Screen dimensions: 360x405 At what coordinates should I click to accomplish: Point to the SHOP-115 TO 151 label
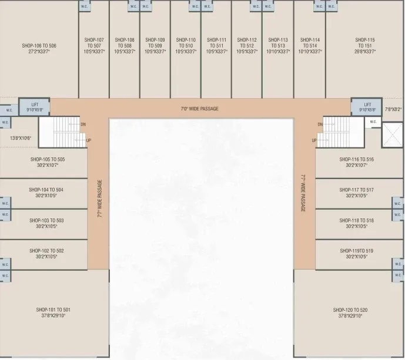[365, 43]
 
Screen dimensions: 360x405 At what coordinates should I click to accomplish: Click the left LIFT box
[35, 107]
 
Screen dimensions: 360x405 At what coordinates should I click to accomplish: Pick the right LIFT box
[367, 107]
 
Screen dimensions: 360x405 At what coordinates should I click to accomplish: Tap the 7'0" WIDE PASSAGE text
[199, 109]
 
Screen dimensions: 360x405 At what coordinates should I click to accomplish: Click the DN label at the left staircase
[83, 125]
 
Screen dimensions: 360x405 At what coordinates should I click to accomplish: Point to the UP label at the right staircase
[314, 140]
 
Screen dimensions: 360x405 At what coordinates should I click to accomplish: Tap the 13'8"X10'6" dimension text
[21, 138]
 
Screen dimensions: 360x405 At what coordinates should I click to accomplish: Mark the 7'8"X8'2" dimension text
[393, 109]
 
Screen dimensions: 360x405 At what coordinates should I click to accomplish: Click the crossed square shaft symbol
[392, 134]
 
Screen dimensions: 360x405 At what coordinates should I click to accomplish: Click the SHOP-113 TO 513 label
[277, 46]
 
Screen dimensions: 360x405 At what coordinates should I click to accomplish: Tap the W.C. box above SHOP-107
[84, 6]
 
